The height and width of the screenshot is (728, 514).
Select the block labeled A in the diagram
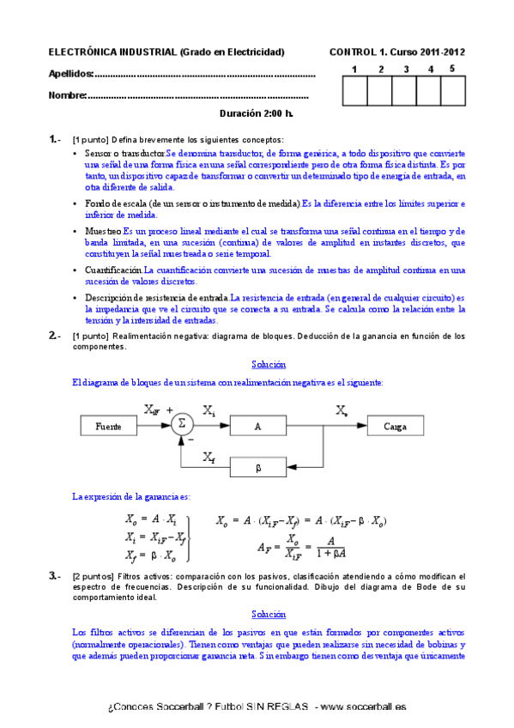coord(257,426)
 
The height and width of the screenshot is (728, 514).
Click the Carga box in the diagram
coord(395,426)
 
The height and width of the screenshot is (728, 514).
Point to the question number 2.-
coord(55,336)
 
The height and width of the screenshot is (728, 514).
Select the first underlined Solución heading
coord(269,365)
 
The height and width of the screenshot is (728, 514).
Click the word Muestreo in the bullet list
coord(104,232)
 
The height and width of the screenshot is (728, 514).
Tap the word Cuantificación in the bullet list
coord(113,270)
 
